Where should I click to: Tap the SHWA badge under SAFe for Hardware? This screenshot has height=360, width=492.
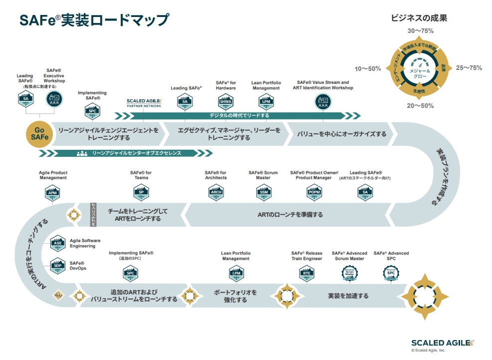pos(226,103)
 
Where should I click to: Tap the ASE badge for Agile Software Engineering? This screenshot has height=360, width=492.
pos(58,244)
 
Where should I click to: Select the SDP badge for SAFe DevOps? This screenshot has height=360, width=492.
pos(58,266)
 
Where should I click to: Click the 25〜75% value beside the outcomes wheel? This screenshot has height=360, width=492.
pos(469,68)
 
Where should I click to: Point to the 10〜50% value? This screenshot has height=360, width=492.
pos(368,68)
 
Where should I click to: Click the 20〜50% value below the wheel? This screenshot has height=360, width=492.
pos(420,106)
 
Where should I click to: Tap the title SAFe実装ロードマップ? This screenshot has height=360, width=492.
pos(94,21)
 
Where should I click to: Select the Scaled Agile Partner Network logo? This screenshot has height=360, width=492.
pos(144,103)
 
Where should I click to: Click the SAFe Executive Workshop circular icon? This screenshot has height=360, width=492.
pos(54,99)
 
